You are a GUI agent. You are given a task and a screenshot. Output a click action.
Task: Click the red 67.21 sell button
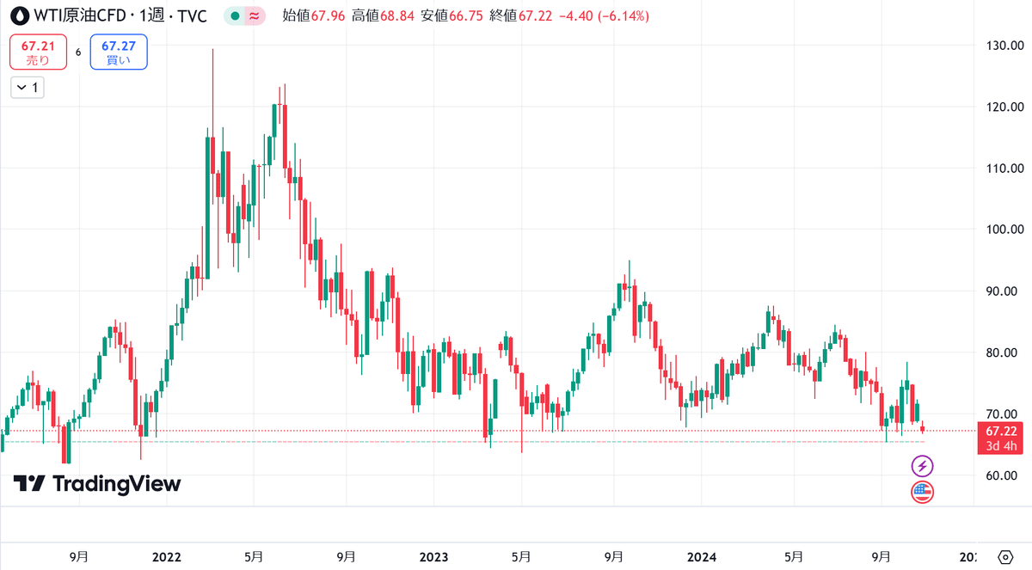(38, 52)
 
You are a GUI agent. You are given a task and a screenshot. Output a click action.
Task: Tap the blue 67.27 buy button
(119, 52)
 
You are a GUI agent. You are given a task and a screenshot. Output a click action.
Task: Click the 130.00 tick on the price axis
(1004, 46)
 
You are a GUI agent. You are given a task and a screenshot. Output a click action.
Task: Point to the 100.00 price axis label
(1004, 230)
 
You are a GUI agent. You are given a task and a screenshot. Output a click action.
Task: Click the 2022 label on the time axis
(166, 557)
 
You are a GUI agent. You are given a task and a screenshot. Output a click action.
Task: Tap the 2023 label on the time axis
(433, 557)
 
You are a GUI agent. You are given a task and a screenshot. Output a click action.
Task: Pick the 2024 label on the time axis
(701, 557)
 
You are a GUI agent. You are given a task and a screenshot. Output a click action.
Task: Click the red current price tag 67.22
(1000, 438)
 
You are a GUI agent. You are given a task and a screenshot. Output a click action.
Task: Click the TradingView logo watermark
(97, 484)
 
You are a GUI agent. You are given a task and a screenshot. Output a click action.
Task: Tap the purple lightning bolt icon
(922, 467)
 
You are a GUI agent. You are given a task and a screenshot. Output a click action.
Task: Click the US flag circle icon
(922, 492)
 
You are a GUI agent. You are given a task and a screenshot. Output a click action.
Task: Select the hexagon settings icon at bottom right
(1005, 557)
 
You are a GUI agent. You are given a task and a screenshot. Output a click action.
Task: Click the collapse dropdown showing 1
(28, 88)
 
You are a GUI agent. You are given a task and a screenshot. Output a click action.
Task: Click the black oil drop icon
(20, 16)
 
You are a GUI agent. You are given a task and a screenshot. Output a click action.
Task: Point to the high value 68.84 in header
(397, 16)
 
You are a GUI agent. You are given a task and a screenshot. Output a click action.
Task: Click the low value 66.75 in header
(466, 16)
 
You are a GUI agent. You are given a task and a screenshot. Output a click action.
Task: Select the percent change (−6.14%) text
(623, 16)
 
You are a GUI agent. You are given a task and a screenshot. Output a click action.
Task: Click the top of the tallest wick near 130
(213, 49)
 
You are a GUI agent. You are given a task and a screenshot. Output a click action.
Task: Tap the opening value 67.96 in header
(328, 16)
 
